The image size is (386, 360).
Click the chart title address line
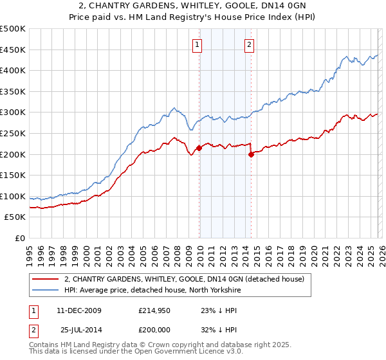click(x=193, y=5)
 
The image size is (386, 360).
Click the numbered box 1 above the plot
click(x=196, y=45)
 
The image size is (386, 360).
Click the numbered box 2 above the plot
click(x=249, y=45)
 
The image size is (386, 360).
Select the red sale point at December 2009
click(x=199, y=148)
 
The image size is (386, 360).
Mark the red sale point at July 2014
click(x=251, y=154)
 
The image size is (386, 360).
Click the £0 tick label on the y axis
click(x=19, y=238)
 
